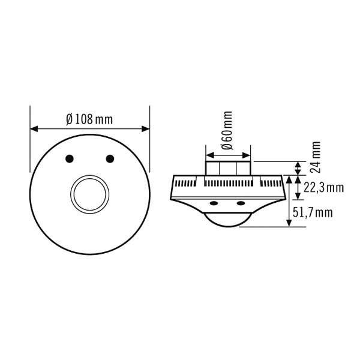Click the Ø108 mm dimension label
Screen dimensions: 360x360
[89, 119]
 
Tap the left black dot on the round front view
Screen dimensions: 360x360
[70, 158]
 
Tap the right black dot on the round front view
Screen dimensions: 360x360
[110, 158]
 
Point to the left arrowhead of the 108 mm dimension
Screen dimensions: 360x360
[33, 128]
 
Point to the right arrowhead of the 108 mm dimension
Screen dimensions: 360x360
[146, 128]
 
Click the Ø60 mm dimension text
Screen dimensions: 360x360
[227, 131]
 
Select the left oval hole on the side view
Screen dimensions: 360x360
[213, 203]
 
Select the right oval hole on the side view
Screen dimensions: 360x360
[241, 203]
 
